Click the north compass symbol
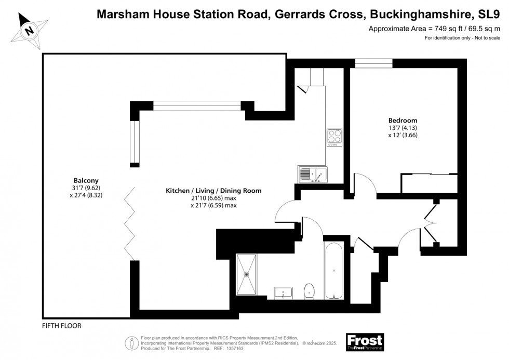tap(30, 30)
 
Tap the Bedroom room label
tap(403, 121)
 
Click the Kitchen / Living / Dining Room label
tap(213, 191)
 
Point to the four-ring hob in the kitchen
tap(334, 136)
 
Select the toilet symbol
tap(310, 291)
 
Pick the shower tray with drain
tap(246, 274)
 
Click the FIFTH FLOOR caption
tap(62, 326)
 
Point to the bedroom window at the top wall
tap(373, 63)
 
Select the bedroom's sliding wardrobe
tap(429, 183)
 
